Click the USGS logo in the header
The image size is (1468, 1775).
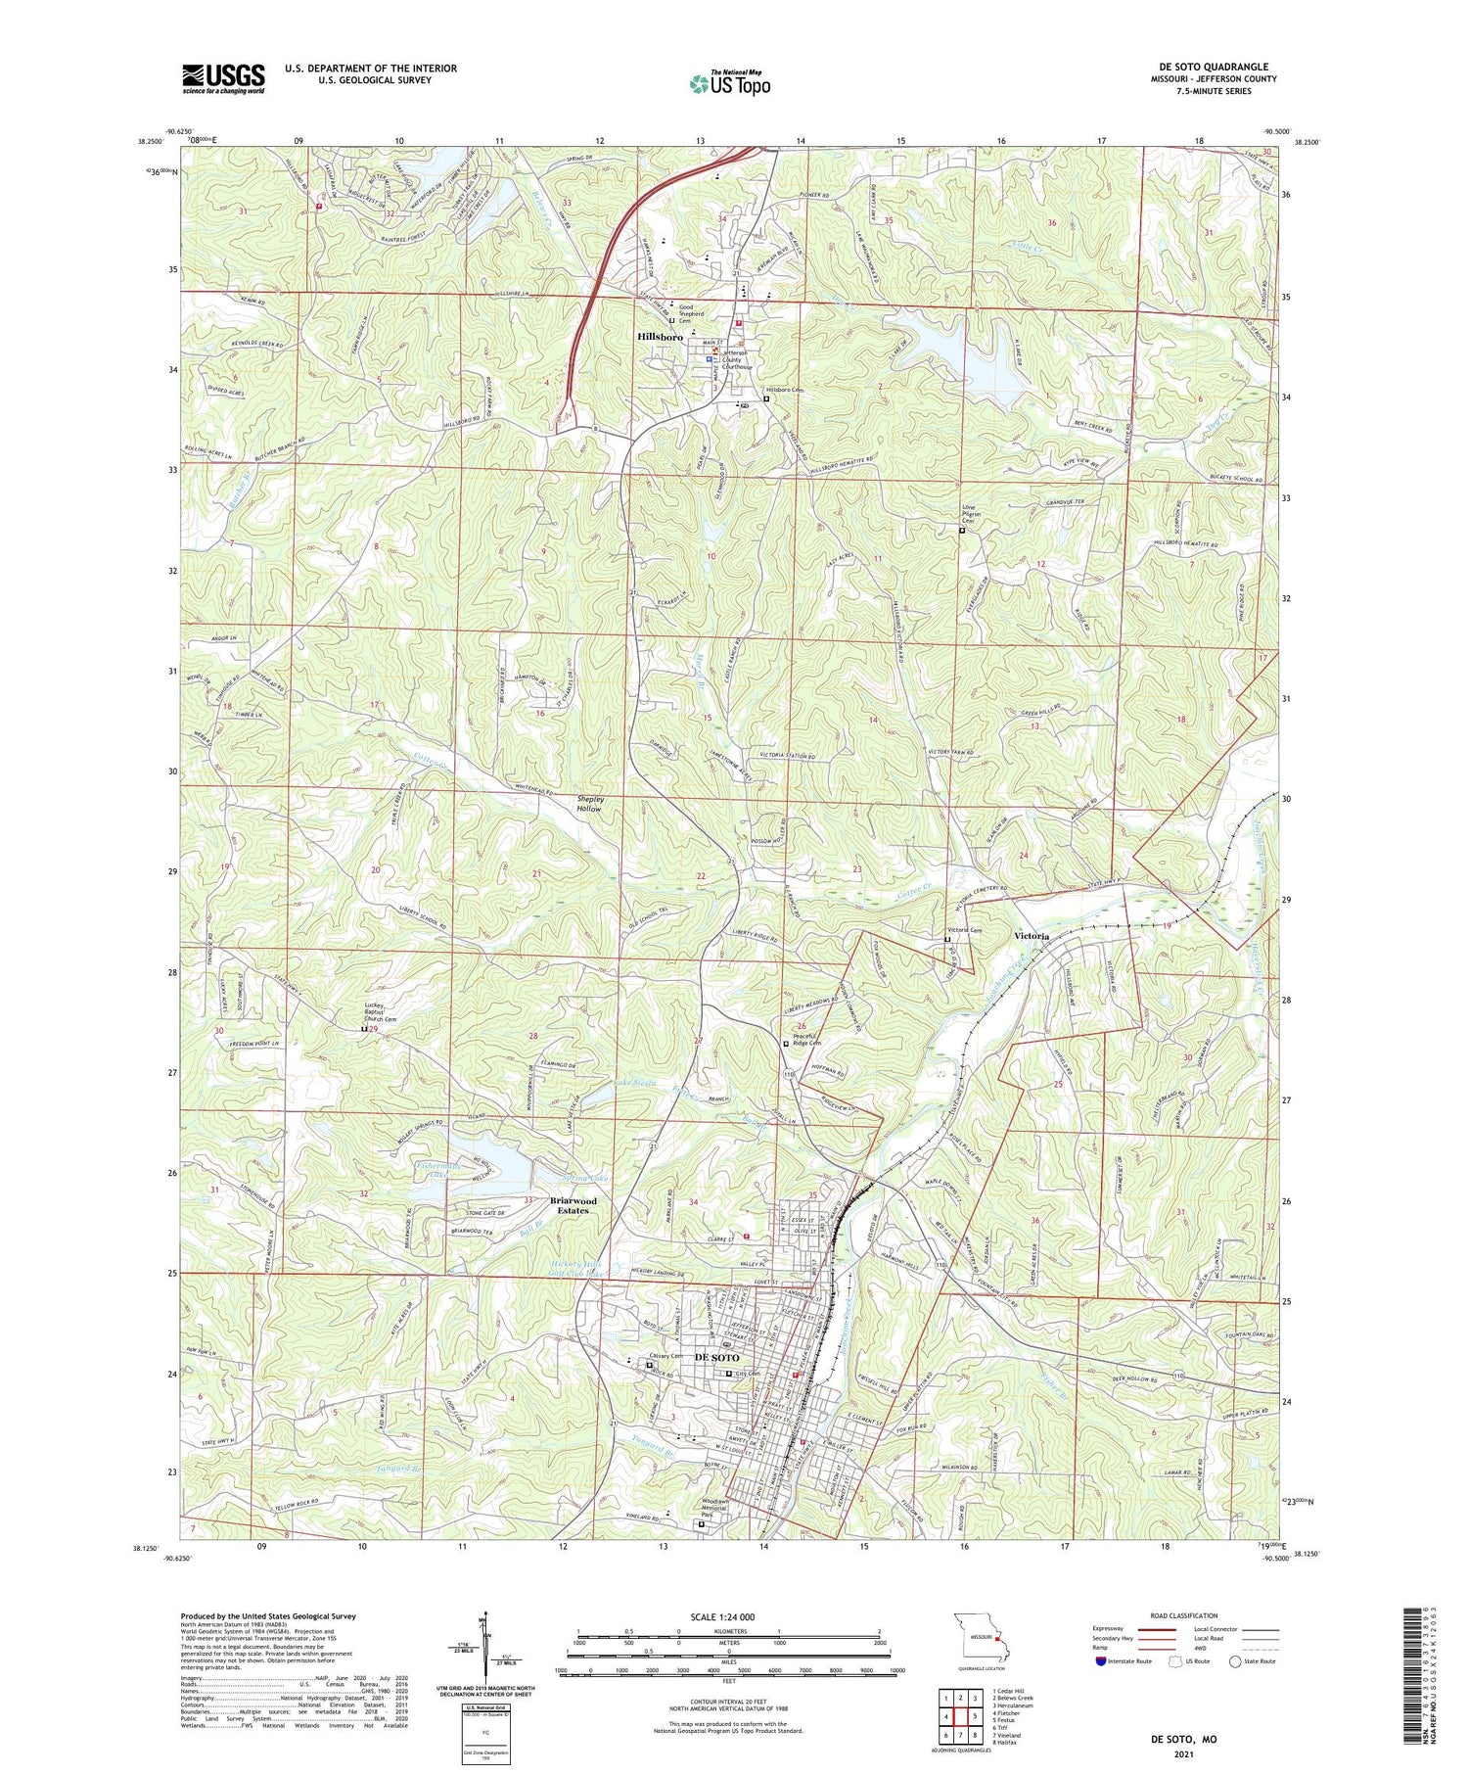(x=223, y=78)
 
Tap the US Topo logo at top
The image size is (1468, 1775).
(x=729, y=82)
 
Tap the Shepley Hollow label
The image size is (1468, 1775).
(x=589, y=804)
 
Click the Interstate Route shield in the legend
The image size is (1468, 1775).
(x=1101, y=1660)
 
